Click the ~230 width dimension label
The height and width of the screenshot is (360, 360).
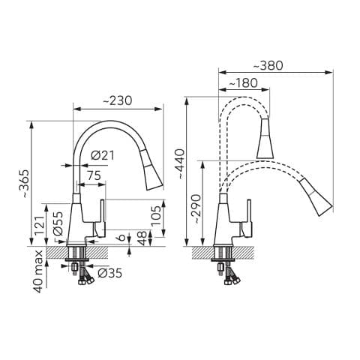117,100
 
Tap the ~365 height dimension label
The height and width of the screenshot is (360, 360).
25,184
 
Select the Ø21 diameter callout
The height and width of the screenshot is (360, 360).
103,155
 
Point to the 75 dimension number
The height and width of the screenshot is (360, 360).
94,175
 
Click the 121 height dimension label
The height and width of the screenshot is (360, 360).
40,225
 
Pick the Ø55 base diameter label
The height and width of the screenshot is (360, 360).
58,223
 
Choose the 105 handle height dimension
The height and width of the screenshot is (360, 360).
157,215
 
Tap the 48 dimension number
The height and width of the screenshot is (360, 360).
142,238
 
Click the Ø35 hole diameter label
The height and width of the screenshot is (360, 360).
110,273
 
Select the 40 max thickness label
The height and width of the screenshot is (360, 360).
38,271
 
